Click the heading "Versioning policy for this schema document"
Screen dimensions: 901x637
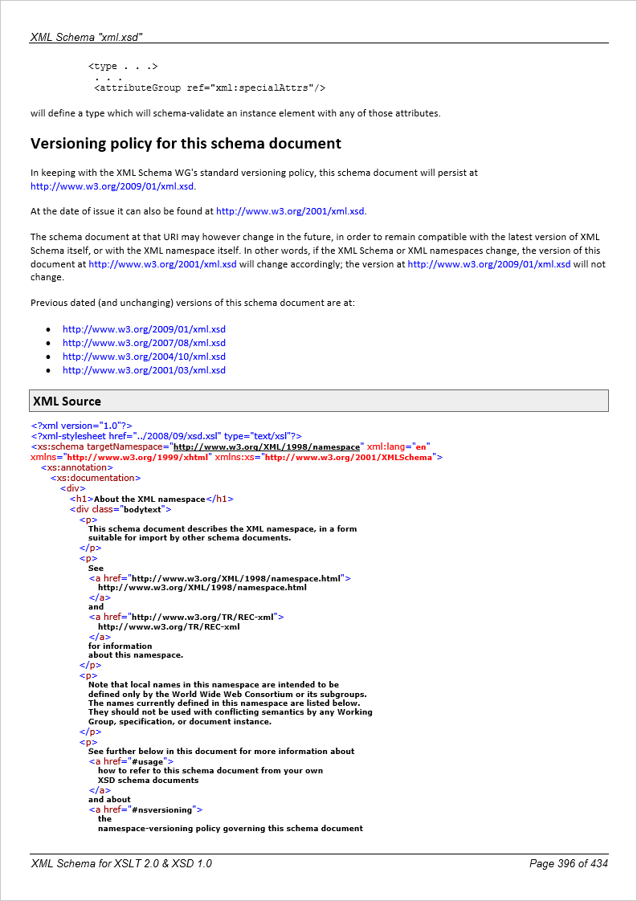tap(186, 144)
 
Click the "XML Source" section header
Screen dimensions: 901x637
tap(67, 401)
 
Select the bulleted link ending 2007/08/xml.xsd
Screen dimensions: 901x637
tap(144, 343)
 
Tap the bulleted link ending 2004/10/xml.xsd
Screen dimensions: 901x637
tap(144, 357)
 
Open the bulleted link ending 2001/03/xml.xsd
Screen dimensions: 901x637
tap(144, 370)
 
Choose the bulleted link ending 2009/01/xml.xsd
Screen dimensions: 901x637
tap(144, 329)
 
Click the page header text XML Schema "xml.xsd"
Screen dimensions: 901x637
tap(87, 37)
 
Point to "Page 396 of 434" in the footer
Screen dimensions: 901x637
tap(568, 863)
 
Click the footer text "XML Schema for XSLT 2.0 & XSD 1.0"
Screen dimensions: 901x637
tap(121, 863)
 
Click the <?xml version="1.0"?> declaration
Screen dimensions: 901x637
tap(81, 426)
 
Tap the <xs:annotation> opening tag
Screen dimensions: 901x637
tap(77, 467)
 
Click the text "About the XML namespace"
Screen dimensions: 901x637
tap(149, 499)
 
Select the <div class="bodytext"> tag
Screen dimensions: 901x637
tap(120, 509)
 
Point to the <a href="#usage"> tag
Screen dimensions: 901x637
tap(131, 761)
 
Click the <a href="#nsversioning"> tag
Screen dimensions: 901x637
tap(145, 809)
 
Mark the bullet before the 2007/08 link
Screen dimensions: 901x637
tap(49, 343)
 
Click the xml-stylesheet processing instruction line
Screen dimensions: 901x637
tap(166, 436)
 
